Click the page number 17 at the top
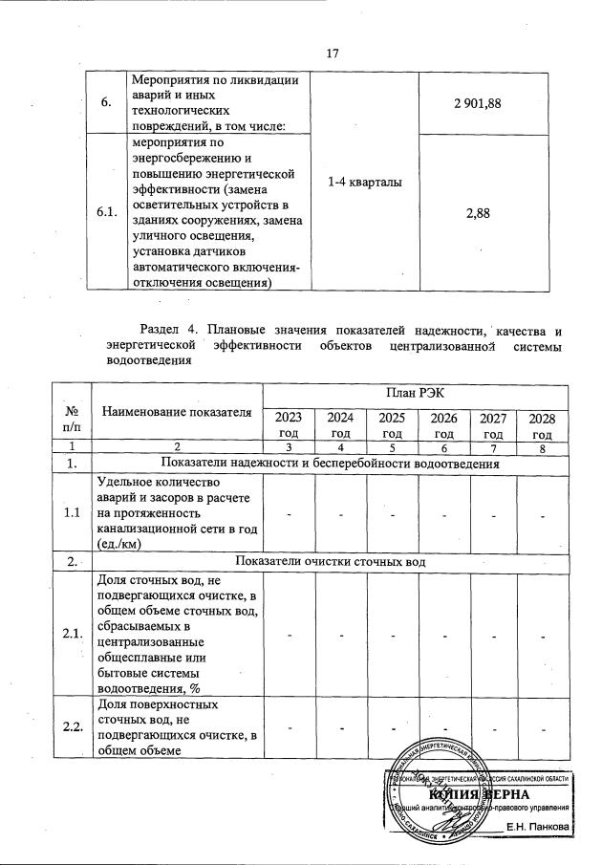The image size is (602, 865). pyautogui.click(x=333, y=53)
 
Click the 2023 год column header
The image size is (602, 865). pyautogui.click(x=289, y=424)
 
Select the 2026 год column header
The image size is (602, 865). pyautogui.click(x=444, y=424)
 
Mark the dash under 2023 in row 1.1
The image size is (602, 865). pyautogui.click(x=289, y=515)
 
